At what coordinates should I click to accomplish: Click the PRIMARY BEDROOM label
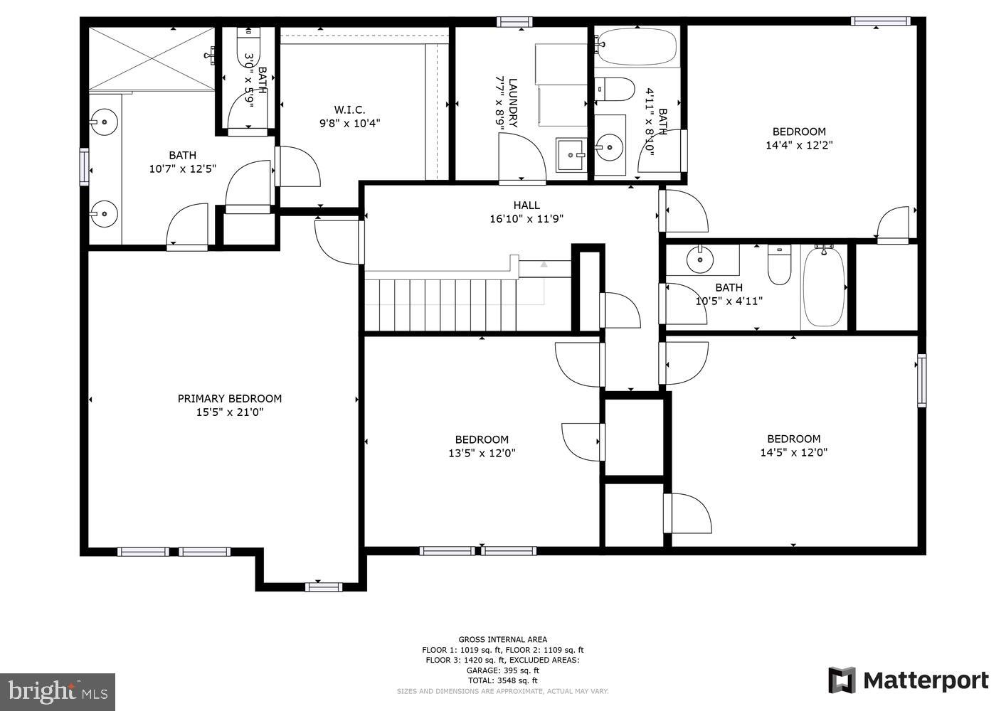(229, 399)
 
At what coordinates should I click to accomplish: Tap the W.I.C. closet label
(349, 109)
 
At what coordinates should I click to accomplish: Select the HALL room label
(526, 205)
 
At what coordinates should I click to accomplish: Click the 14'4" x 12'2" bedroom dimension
(799, 145)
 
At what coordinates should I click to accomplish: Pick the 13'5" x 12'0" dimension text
(482, 453)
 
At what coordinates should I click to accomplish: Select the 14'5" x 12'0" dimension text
(793, 452)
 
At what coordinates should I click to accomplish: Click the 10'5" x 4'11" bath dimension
(729, 301)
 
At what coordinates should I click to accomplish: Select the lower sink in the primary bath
(104, 212)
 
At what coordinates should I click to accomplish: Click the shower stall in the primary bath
(152, 58)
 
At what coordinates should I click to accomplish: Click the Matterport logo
(909, 680)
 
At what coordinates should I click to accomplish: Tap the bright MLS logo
(58, 691)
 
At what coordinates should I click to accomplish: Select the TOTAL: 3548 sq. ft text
(502, 680)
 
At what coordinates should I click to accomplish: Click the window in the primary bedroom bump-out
(323, 587)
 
